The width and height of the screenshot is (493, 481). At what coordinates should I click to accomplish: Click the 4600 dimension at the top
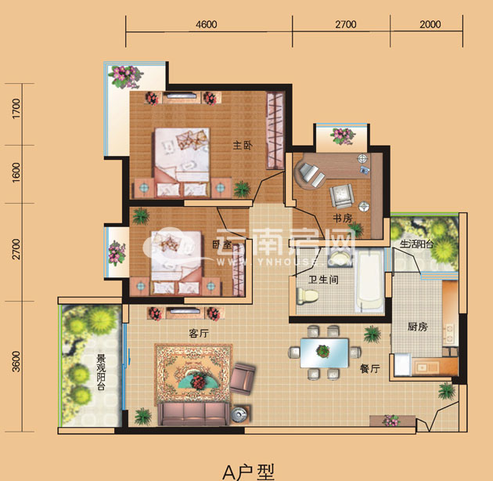click(x=207, y=24)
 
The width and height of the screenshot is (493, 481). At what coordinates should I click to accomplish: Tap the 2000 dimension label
click(x=430, y=24)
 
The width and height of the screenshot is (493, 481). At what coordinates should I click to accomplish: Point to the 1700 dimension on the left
click(x=16, y=109)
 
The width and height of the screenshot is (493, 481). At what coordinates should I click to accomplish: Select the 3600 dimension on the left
click(x=16, y=362)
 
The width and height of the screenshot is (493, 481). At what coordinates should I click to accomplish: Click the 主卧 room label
click(x=243, y=146)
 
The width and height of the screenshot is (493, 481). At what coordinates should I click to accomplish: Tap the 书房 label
click(x=343, y=218)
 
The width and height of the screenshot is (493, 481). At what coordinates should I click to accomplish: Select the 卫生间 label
click(x=323, y=280)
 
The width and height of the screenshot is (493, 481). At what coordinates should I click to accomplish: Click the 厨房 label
click(x=418, y=327)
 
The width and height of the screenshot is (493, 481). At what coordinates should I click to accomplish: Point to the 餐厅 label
click(x=370, y=369)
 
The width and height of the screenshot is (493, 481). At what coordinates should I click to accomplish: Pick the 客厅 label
click(x=199, y=333)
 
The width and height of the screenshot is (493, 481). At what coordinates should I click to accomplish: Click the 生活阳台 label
click(x=417, y=244)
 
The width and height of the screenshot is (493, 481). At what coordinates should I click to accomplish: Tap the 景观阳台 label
click(x=101, y=372)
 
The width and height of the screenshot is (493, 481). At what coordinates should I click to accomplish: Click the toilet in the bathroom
click(x=308, y=296)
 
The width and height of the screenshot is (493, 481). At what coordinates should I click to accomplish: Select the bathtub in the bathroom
click(x=371, y=280)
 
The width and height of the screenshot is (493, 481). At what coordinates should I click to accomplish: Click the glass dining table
click(x=324, y=353)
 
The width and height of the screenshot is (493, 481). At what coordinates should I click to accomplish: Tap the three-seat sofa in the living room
click(x=193, y=414)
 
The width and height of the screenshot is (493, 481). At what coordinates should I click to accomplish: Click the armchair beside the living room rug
click(x=242, y=378)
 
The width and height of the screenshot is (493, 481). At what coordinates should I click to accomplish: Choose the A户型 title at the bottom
click(x=248, y=472)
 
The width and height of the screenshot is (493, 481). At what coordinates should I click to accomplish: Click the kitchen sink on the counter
click(x=426, y=367)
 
